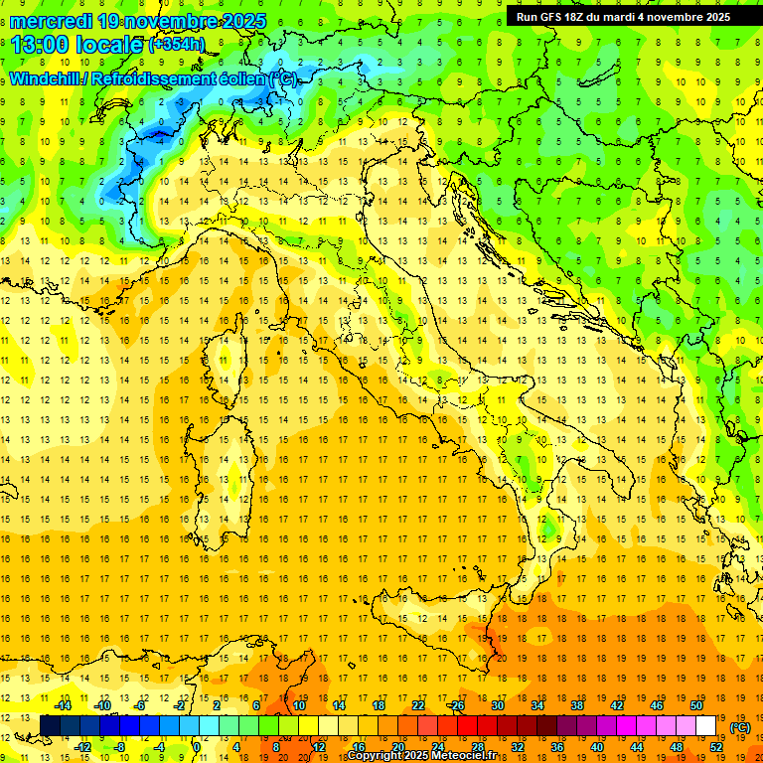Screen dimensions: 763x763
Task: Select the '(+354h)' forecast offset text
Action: coord(179,45)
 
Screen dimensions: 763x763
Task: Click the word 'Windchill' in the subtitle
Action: coord(47,79)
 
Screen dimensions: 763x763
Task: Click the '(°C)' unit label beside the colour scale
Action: coord(740,727)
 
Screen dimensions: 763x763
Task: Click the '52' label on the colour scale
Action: coord(715,747)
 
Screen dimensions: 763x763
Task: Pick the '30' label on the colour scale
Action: coord(498,705)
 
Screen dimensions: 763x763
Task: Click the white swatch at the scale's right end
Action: coord(705,726)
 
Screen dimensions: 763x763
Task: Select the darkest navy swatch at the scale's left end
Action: coord(50,726)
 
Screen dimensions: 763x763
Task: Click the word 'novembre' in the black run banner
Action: coord(673,17)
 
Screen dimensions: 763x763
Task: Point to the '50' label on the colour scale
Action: coord(696,705)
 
